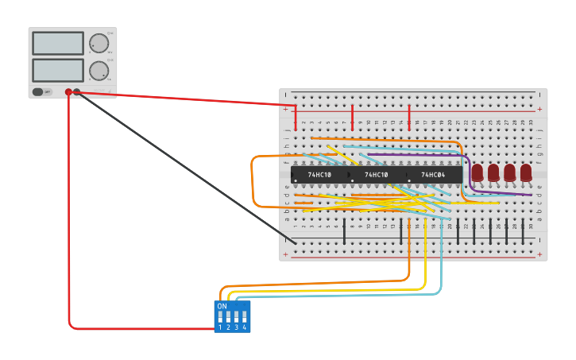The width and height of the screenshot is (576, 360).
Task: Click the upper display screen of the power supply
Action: [x=58, y=43]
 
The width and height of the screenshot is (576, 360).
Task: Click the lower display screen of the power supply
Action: [x=58, y=70]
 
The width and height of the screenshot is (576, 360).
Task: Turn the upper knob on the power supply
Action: [x=99, y=43]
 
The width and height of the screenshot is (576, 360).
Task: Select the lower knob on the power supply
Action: [x=99, y=71]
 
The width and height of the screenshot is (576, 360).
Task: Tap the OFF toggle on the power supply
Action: [x=41, y=92]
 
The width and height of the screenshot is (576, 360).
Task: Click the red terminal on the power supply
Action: [x=69, y=92]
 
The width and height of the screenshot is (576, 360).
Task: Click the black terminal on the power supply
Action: [x=77, y=92]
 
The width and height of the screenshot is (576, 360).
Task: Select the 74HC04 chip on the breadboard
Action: [x=433, y=175]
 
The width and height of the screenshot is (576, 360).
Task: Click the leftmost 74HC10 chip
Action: [x=320, y=175]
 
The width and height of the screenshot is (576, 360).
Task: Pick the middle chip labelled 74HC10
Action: [x=377, y=175]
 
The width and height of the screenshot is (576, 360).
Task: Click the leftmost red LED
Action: [x=477, y=172]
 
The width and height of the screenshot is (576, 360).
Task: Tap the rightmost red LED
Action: [x=526, y=172]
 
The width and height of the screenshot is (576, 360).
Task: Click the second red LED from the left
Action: [x=493, y=172]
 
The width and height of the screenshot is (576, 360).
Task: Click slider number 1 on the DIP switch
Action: [x=220, y=316]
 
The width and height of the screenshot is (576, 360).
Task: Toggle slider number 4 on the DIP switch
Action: [x=244, y=316]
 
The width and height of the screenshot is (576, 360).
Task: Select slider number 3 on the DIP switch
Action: [x=236, y=316]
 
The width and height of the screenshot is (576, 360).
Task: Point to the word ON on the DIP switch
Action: [x=222, y=306]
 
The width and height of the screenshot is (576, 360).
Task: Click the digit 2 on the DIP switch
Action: [x=228, y=327]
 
